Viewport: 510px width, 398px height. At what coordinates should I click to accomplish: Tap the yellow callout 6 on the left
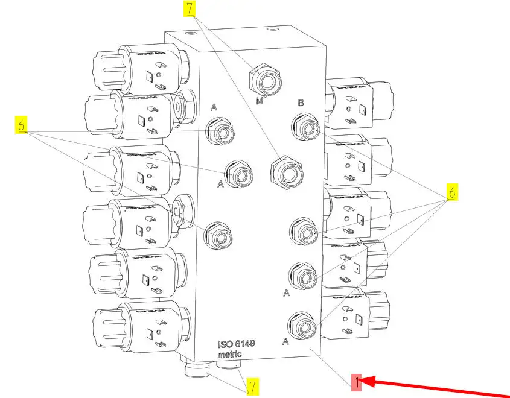tap(21, 125)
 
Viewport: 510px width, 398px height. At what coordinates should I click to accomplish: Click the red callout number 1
tap(357, 382)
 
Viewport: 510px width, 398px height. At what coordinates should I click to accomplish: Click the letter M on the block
tap(260, 101)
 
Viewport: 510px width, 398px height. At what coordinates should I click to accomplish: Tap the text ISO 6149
tap(237, 344)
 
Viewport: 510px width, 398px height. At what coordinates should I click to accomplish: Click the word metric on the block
tap(230, 354)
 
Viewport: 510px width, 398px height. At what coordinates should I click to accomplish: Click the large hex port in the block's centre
tap(284, 172)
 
